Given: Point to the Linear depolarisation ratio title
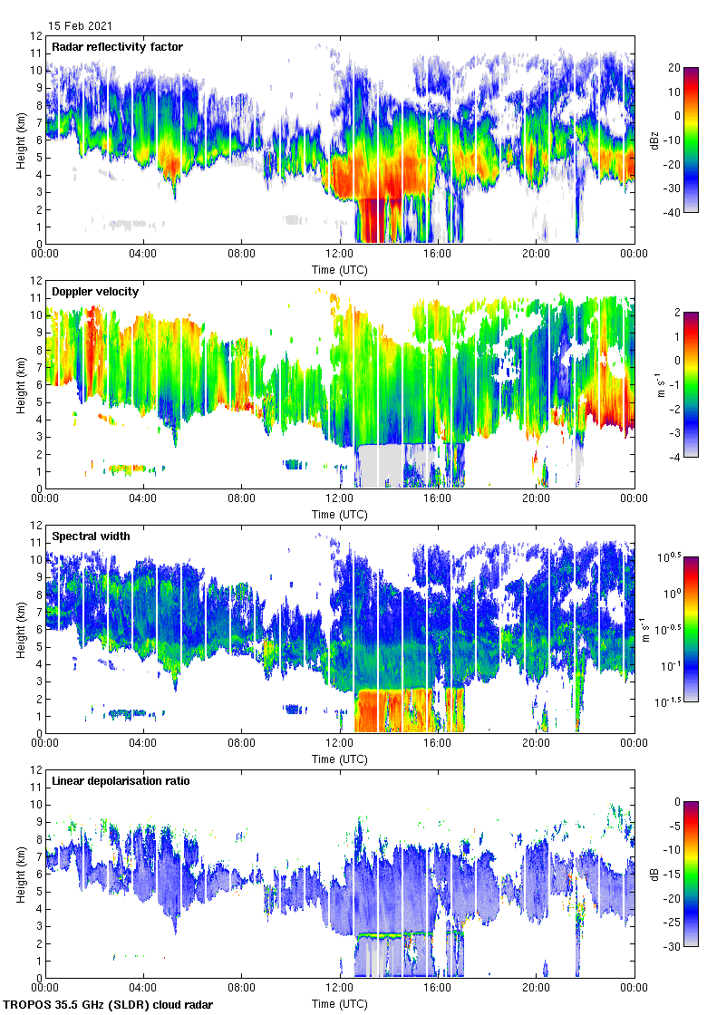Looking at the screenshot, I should click(121, 781).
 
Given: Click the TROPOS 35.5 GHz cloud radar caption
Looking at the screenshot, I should click(110, 1005).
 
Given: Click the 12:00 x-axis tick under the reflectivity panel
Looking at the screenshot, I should click(340, 256).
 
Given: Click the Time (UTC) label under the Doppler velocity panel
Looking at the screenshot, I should click(340, 514).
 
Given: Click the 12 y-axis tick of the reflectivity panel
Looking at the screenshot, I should click(37, 36).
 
